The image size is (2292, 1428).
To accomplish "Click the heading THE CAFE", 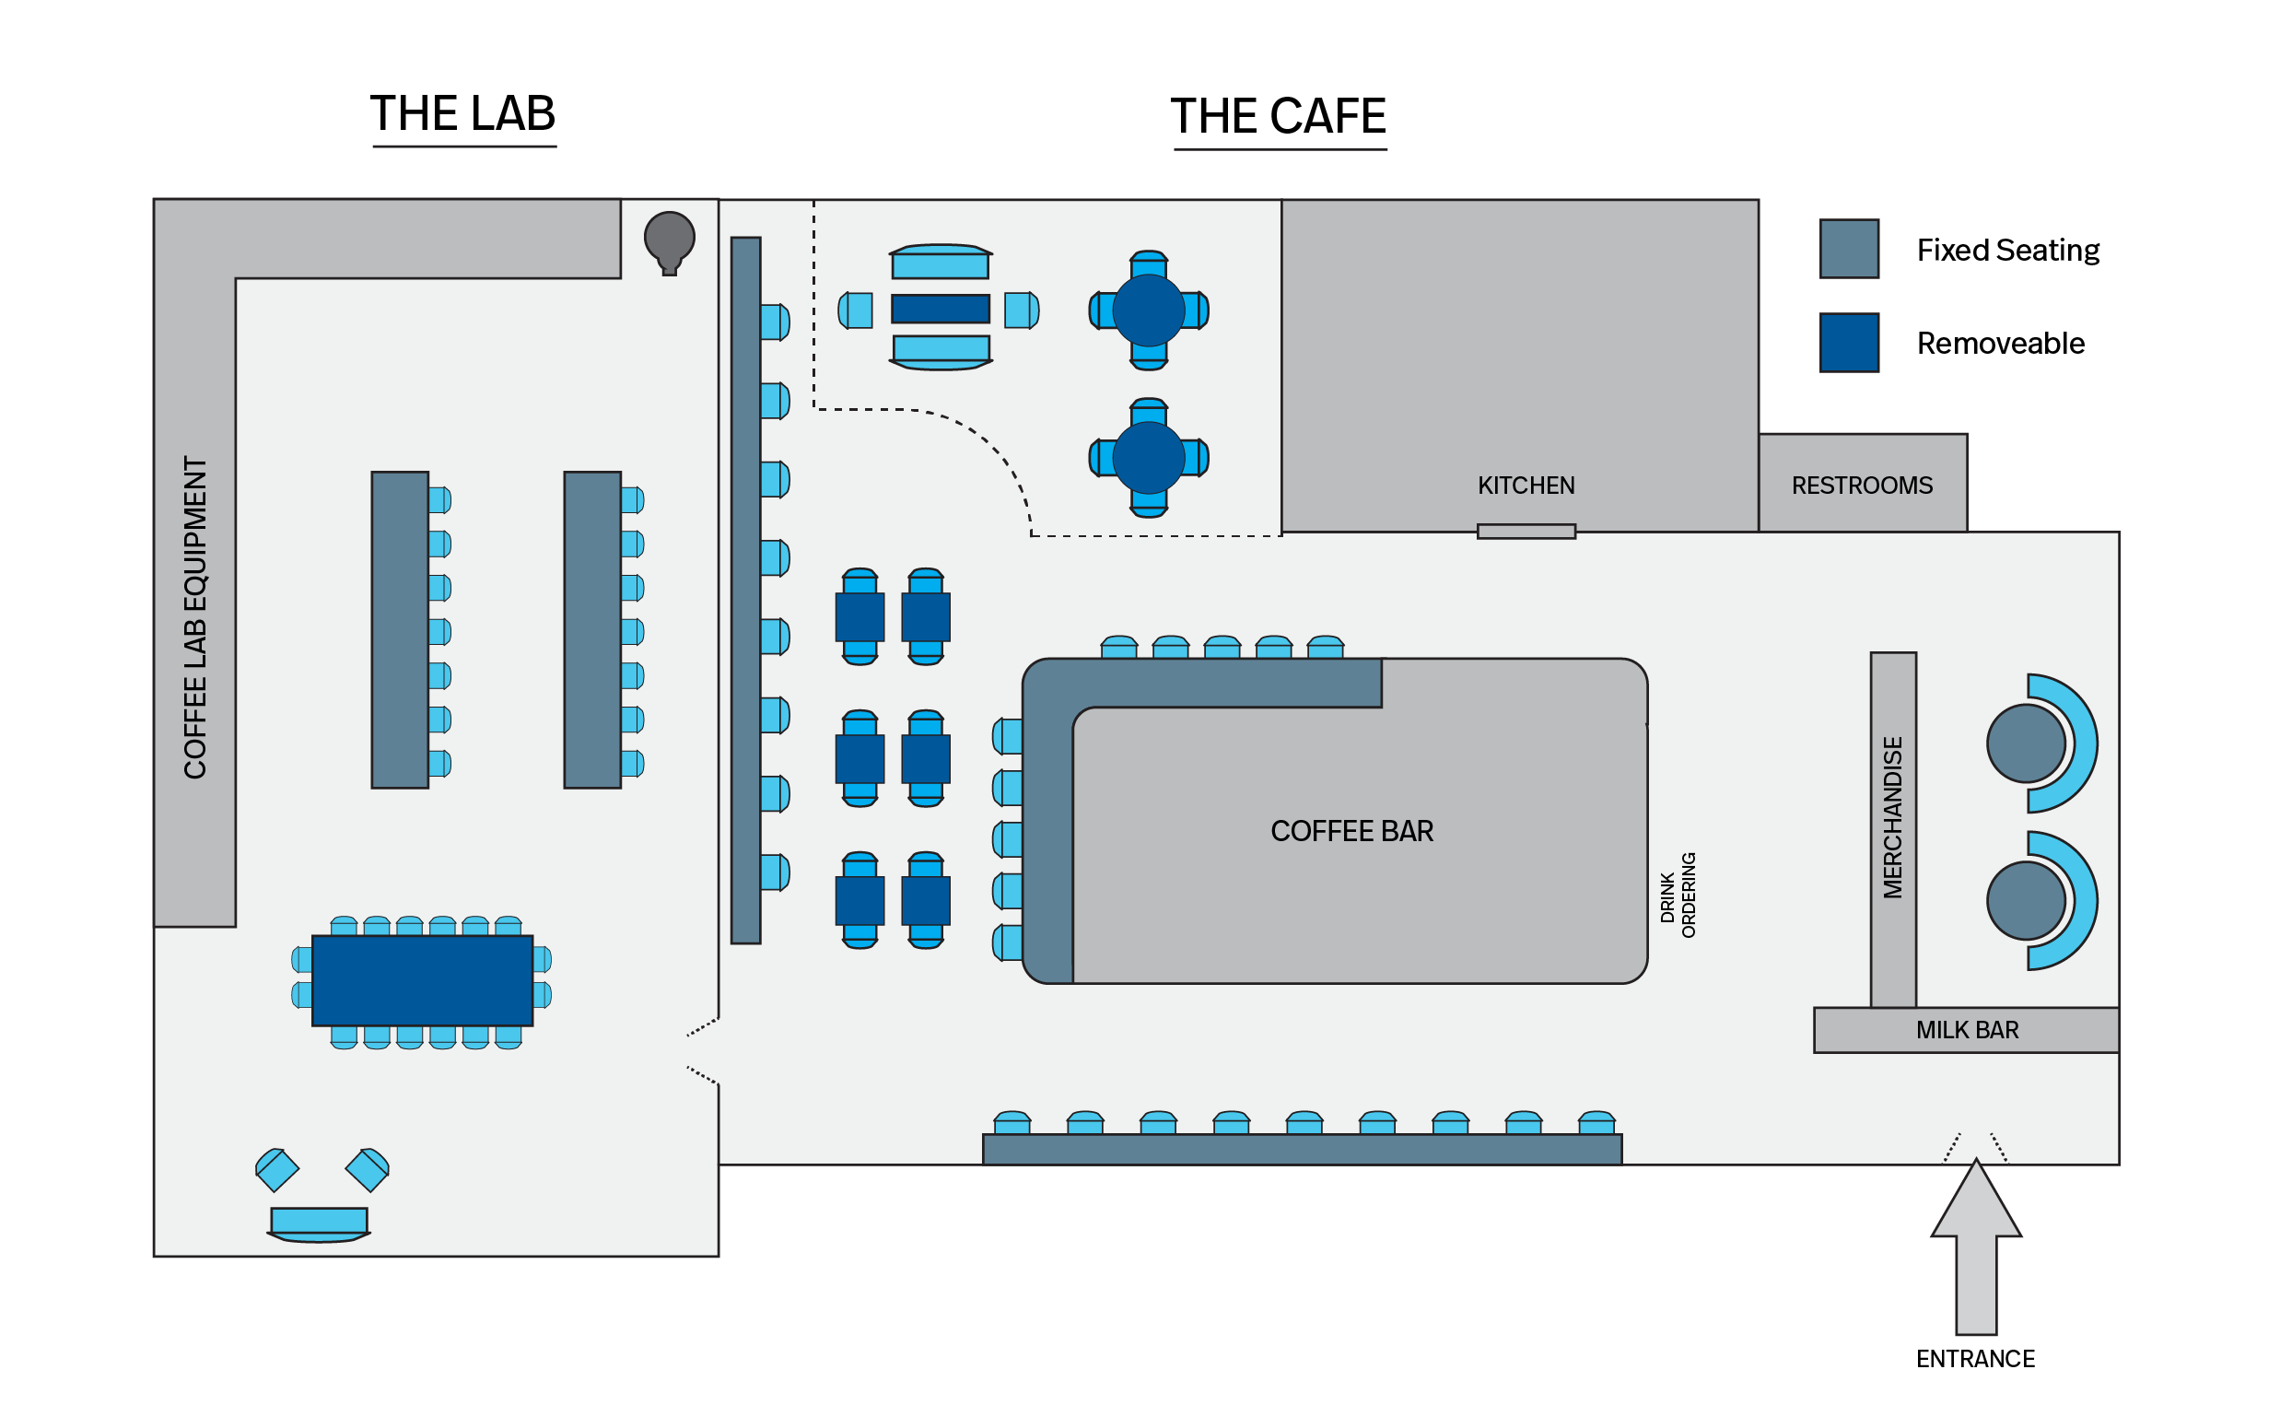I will click(x=1278, y=117).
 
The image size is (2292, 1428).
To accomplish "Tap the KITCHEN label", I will click(x=1526, y=486).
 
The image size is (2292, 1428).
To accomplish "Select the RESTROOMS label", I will click(x=1862, y=486).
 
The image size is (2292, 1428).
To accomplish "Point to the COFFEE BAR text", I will click(x=1351, y=831).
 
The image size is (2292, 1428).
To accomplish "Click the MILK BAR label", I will click(x=1966, y=1030).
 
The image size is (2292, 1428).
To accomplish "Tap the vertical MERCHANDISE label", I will click(x=1892, y=817).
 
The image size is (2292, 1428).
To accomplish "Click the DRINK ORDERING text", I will click(x=1678, y=895).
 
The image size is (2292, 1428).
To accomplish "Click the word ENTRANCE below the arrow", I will click(x=1975, y=1359).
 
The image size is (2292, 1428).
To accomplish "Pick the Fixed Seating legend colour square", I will click(x=1848, y=250).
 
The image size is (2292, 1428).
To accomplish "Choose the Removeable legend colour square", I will click(x=1848, y=343).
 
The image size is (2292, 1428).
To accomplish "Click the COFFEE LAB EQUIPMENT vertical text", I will click(x=194, y=617).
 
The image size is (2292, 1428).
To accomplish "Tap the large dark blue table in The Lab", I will click(x=422, y=980).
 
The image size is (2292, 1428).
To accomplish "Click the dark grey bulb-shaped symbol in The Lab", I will click(x=669, y=239).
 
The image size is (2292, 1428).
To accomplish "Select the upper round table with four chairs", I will click(x=1149, y=310).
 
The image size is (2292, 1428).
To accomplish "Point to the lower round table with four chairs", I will click(x=1149, y=458).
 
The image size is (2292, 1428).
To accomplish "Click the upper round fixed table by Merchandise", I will click(x=2025, y=743).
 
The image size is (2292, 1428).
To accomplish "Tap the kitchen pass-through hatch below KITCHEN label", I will click(x=1526, y=532).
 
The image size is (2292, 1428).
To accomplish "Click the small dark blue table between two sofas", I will click(x=940, y=309).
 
